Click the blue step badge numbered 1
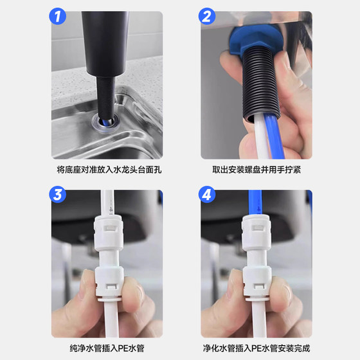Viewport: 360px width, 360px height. click(x=57, y=16)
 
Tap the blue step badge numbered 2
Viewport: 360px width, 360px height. click(x=207, y=16)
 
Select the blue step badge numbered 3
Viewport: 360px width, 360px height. click(x=57, y=194)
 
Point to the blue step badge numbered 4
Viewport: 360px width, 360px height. click(x=207, y=194)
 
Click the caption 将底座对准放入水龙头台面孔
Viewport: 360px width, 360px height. click(x=109, y=170)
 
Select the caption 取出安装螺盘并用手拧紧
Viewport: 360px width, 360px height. click(x=256, y=170)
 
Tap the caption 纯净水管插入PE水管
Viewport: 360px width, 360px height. click(x=107, y=348)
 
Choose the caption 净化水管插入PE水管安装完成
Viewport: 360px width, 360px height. click(x=256, y=348)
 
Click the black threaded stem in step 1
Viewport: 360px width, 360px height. click(x=105, y=96)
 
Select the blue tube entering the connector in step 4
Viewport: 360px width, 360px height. click(x=255, y=203)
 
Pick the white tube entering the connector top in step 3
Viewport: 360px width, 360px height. click(x=107, y=203)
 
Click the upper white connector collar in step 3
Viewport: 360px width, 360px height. click(x=109, y=233)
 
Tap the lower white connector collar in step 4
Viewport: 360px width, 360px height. click(x=257, y=282)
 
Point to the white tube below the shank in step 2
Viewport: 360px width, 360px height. click(x=261, y=138)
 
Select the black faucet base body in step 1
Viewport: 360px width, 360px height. click(x=105, y=44)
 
